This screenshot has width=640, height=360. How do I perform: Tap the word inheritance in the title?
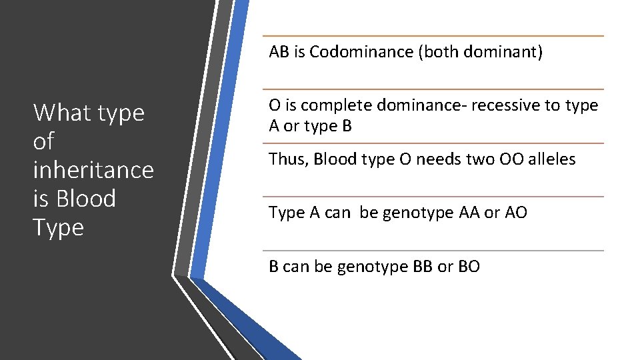(93, 170)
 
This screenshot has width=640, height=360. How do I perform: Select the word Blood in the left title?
(87, 199)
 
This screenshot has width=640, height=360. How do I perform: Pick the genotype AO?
(515, 213)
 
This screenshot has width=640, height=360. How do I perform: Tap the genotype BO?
(468, 267)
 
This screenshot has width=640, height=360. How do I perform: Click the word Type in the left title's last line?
(59, 228)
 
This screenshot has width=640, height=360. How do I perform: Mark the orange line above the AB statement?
(433, 36)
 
